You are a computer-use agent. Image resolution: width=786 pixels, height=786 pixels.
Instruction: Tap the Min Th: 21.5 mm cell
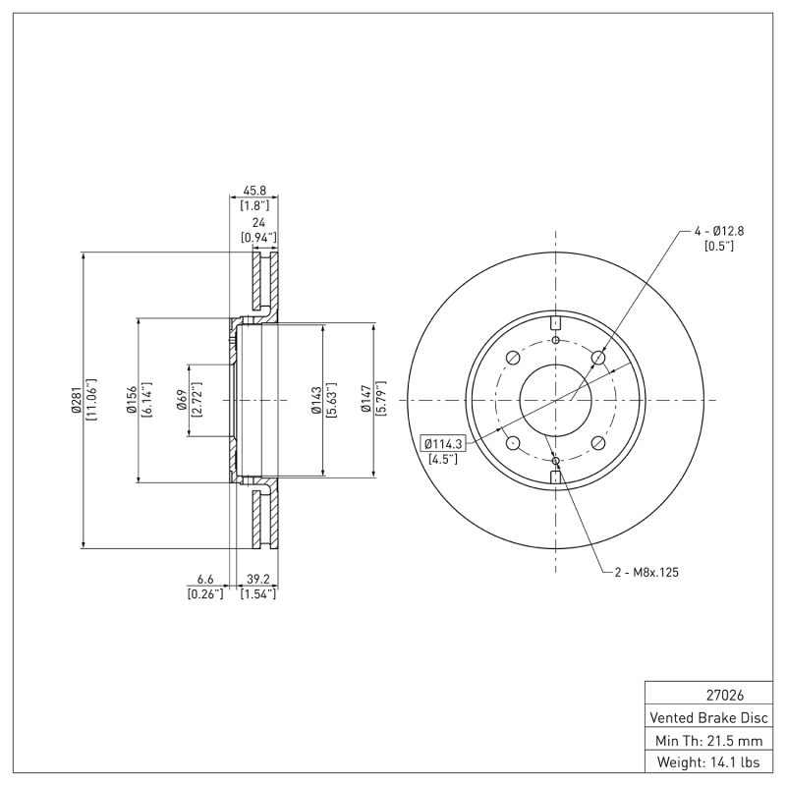[x=710, y=739]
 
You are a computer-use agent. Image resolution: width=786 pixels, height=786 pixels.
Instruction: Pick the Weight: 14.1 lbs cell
[x=710, y=761]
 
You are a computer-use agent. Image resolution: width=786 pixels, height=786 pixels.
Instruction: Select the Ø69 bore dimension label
[x=182, y=400]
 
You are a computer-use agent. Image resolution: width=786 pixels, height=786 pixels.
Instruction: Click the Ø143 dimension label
[x=315, y=400]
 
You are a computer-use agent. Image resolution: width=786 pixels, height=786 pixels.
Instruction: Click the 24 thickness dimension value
[x=258, y=223]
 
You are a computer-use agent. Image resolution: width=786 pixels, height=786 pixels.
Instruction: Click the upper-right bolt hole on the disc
[x=598, y=358]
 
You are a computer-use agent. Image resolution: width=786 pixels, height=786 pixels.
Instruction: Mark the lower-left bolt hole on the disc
[x=512, y=443]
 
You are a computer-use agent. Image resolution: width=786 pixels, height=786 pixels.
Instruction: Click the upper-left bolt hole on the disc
[x=512, y=358]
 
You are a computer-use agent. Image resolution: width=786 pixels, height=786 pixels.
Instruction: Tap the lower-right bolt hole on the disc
[x=598, y=443]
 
